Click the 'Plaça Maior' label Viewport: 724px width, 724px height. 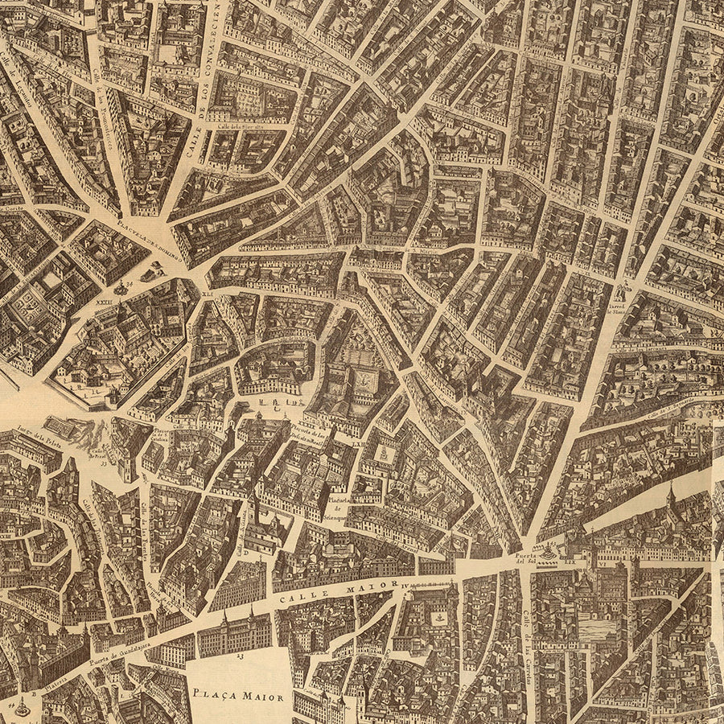click(238, 694)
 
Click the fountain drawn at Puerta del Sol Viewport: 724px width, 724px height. click(549, 553)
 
